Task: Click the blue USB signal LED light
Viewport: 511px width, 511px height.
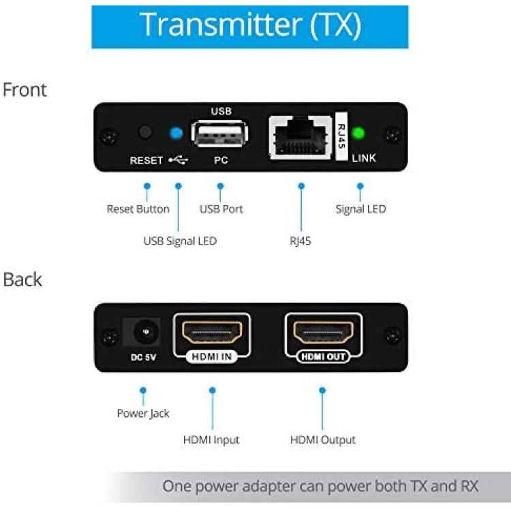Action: click(x=176, y=133)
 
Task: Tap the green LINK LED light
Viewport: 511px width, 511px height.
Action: click(x=358, y=133)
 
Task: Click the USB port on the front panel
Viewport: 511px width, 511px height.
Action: click(x=219, y=134)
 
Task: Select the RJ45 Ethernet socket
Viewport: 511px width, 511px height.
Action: click(x=300, y=138)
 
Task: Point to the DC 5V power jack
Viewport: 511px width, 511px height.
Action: click(x=146, y=332)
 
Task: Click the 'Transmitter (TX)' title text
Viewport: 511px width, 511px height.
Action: click(x=250, y=25)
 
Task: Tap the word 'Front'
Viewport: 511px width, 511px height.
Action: click(x=25, y=90)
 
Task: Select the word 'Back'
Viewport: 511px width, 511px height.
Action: click(x=22, y=279)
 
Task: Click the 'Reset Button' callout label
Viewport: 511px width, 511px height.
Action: click(x=138, y=209)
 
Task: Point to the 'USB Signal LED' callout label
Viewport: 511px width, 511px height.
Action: click(x=180, y=241)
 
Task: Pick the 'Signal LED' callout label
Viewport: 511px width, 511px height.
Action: click(x=360, y=209)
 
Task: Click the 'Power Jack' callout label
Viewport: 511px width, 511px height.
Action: click(x=143, y=414)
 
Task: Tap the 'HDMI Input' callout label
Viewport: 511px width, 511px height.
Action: click(x=211, y=440)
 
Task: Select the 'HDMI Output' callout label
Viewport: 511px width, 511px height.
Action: click(x=323, y=440)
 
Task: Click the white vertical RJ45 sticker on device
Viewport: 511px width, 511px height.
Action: click(x=341, y=136)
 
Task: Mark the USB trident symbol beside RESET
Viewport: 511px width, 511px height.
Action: click(x=179, y=160)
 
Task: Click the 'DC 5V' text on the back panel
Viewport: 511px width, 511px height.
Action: click(x=143, y=358)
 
